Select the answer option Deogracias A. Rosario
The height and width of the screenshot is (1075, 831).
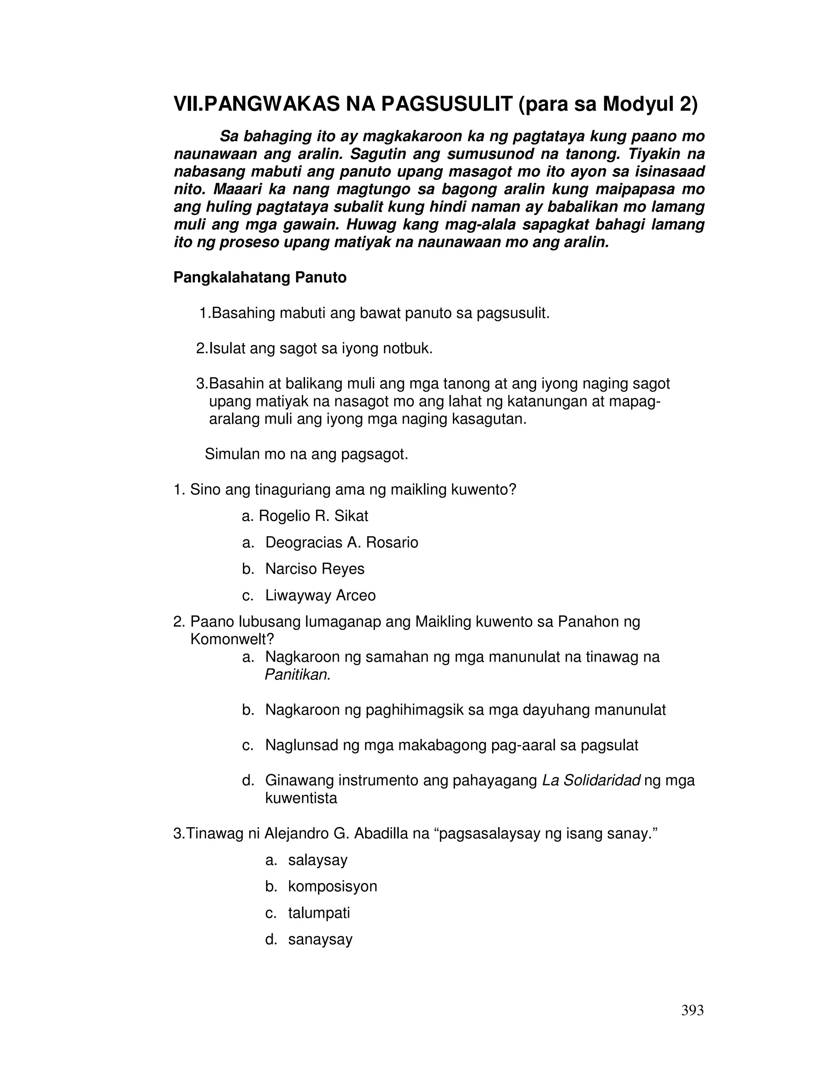click(341, 542)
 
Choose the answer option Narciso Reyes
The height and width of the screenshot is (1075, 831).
click(314, 569)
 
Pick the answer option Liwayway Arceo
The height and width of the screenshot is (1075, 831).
click(320, 596)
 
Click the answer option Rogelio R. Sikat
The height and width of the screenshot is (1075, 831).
click(313, 516)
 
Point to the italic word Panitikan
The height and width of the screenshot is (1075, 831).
click(297, 675)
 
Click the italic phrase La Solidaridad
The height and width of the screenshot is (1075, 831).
click(591, 780)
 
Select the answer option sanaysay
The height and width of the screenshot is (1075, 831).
click(320, 939)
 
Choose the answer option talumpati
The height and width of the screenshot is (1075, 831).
click(319, 913)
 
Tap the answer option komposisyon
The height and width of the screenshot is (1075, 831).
click(332, 886)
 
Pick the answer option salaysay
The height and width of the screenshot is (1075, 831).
click(318, 860)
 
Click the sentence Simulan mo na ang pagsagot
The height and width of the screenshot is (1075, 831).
click(306, 454)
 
